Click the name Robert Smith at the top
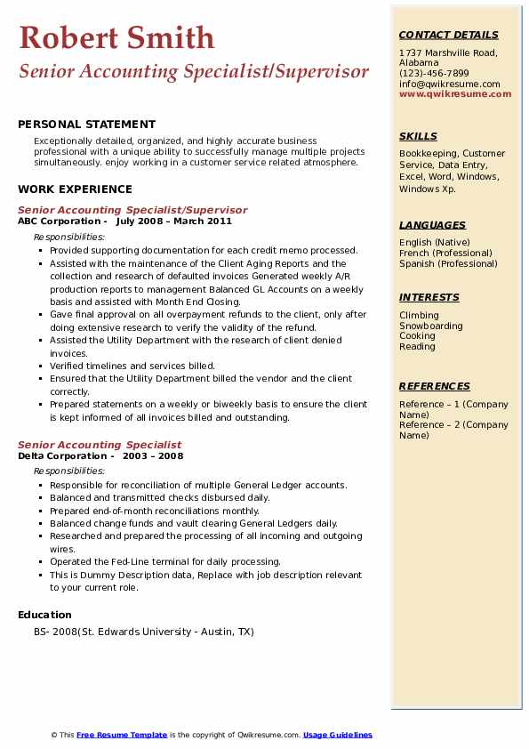[x=116, y=37]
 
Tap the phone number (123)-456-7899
[x=434, y=73]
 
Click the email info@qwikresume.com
[x=449, y=84]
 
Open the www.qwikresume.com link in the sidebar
[x=455, y=93]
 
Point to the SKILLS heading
[x=418, y=136]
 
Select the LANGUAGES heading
[x=432, y=225]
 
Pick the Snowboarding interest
[x=431, y=326]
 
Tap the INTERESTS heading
[x=429, y=297]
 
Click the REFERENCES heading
[x=435, y=386]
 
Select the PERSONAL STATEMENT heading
[x=86, y=125]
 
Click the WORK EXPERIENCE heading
[x=75, y=189]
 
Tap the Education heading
[x=44, y=615]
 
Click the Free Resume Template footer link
[x=122, y=735]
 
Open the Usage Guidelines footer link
[x=337, y=735]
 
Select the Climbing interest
[x=419, y=315]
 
